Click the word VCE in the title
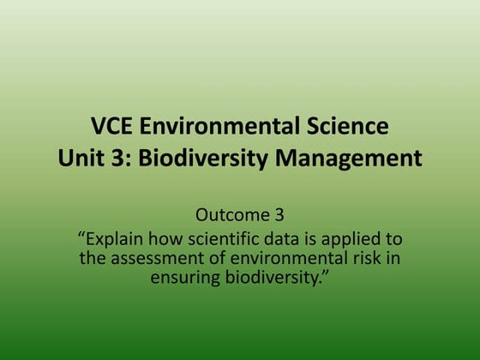(112, 128)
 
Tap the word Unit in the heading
(80, 159)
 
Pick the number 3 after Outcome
(279, 213)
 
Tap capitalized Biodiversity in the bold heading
(204, 159)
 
